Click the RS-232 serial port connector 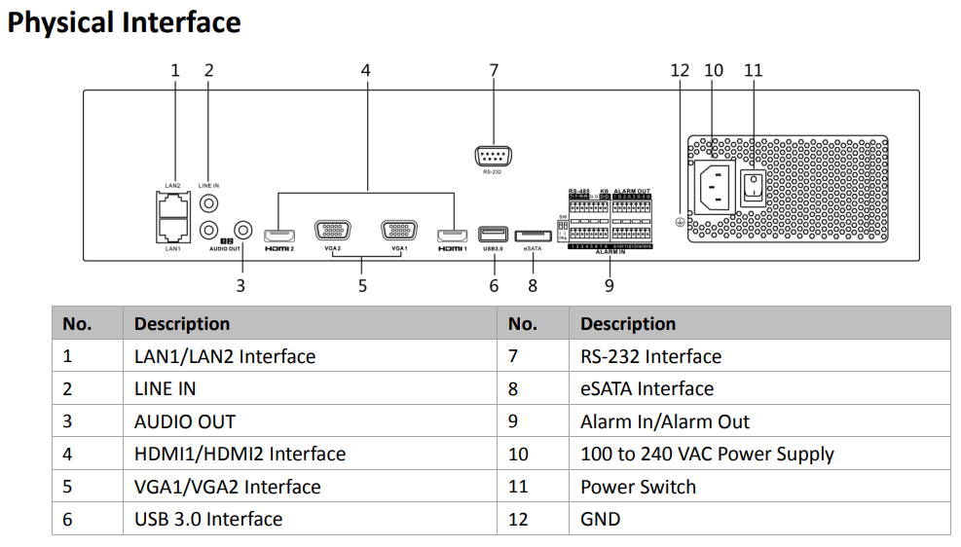(493, 157)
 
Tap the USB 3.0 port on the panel (493, 235)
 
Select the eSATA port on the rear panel (532, 236)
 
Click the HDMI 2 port (279, 236)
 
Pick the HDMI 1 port (453, 236)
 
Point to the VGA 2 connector (333, 232)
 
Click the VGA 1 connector (398, 232)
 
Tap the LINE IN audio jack (209, 203)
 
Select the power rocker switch (751, 187)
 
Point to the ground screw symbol (680, 222)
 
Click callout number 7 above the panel (494, 70)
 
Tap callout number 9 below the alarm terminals (610, 285)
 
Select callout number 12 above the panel (680, 70)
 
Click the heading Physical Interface (124, 21)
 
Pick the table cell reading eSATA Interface (647, 388)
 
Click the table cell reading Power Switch (638, 487)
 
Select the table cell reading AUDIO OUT (184, 421)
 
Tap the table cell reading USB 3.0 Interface (207, 519)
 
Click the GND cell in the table (600, 519)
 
